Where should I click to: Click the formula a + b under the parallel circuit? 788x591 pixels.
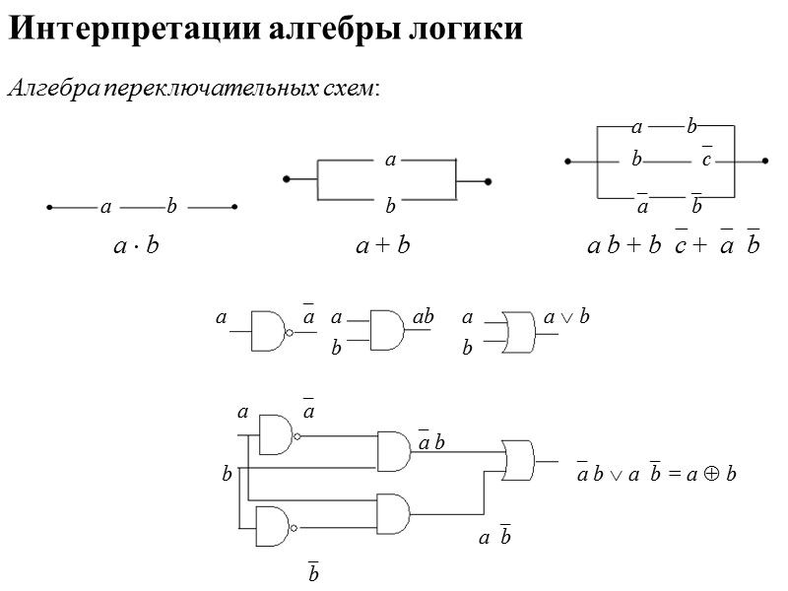382,245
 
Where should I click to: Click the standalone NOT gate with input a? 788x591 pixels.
269,331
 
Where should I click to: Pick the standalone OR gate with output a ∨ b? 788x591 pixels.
517,330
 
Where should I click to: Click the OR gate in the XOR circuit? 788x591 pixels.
518,460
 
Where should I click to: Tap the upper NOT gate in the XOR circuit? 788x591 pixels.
275,434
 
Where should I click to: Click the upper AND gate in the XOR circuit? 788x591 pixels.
394,450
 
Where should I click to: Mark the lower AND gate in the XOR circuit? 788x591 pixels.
393,512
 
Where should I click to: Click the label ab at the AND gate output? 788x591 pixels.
424,318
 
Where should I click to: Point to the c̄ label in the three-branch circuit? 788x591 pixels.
705,158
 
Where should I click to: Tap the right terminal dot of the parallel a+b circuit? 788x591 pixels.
489,181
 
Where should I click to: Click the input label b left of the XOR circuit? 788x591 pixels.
226,475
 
